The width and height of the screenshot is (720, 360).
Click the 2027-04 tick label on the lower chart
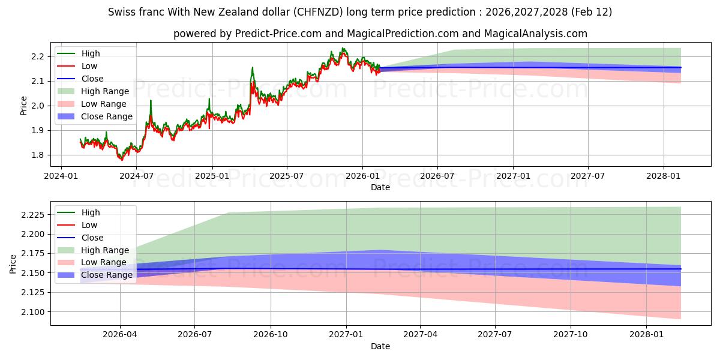pyautogui.click(x=420, y=334)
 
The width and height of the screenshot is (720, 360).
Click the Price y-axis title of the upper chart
pyautogui.click(x=24, y=106)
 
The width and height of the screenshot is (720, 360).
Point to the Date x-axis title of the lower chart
pyautogui.click(x=380, y=346)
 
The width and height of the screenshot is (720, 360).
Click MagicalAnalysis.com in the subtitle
pyautogui.click(x=539, y=34)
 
